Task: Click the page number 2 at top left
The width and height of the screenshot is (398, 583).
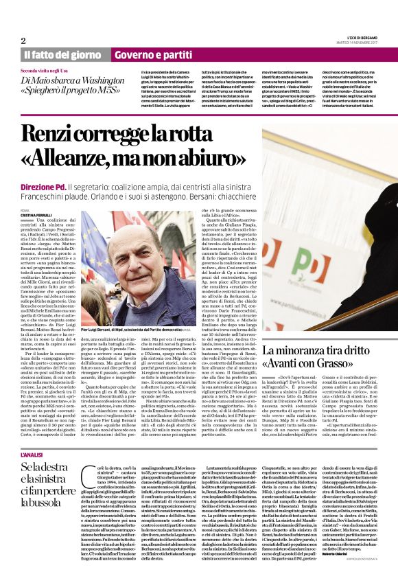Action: [x=23, y=41]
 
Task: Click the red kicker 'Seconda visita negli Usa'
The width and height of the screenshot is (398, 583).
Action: [x=49, y=71]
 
